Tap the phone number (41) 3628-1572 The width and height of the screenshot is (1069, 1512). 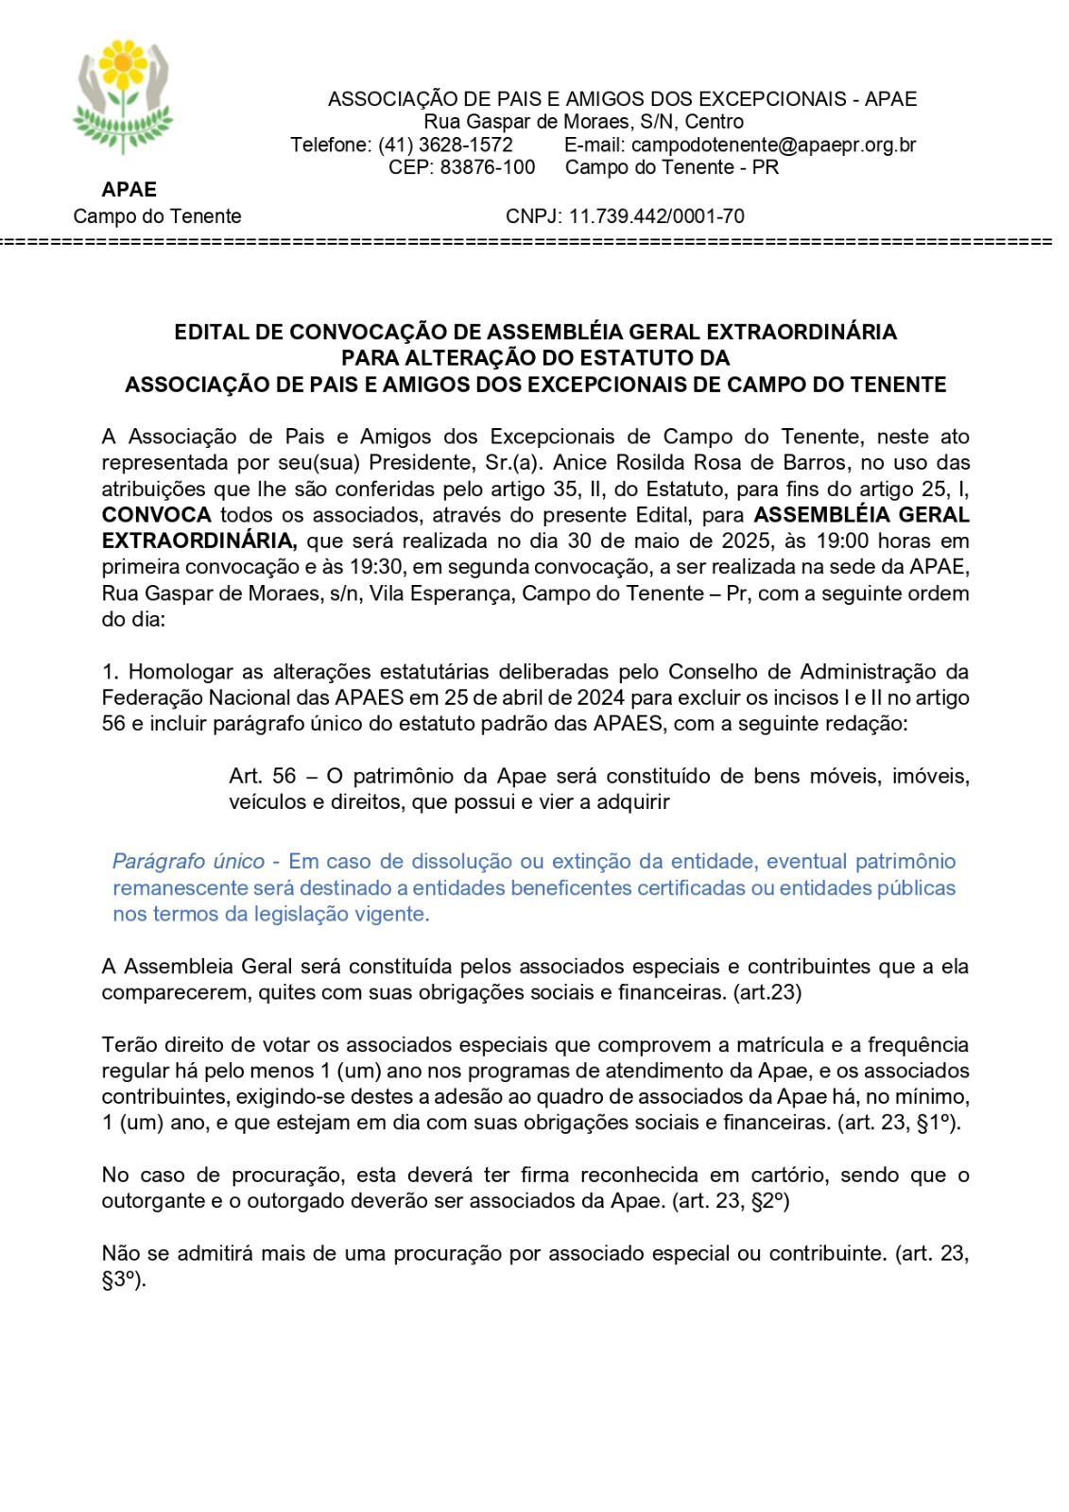[445, 145]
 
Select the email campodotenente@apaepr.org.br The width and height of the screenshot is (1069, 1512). [773, 145]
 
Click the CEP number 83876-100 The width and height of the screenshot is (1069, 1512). [488, 167]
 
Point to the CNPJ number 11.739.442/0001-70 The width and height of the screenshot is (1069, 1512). [656, 216]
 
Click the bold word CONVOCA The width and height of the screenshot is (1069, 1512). [156, 515]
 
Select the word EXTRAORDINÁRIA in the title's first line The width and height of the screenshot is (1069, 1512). [802, 332]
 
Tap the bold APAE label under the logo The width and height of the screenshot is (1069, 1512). [129, 190]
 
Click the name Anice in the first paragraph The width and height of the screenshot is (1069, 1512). [579, 463]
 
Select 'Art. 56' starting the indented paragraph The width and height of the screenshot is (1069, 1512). [262, 776]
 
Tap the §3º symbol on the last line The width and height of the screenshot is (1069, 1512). [122, 1280]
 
